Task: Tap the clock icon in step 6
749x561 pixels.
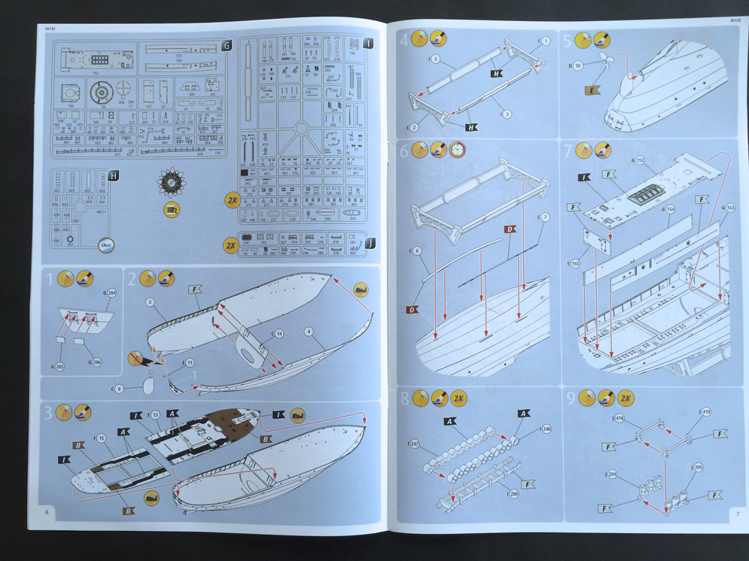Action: point(458,151)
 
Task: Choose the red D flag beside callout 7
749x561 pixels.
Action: point(510,229)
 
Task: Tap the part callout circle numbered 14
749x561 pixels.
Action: point(279,333)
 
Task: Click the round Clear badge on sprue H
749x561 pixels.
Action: point(107,244)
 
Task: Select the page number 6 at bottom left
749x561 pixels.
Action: point(46,513)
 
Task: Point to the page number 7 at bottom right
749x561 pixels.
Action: point(737,514)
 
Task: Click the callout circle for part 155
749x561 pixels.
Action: point(575,264)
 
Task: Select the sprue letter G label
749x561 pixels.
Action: point(227,47)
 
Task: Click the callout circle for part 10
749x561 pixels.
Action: point(578,66)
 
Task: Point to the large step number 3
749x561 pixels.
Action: point(48,412)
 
